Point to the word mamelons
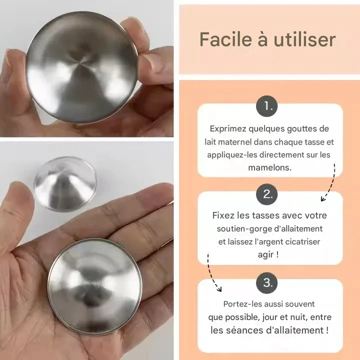coord(270,168)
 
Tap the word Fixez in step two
coord(224,215)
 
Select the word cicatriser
coord(304,241)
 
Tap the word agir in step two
coord(267,254)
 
